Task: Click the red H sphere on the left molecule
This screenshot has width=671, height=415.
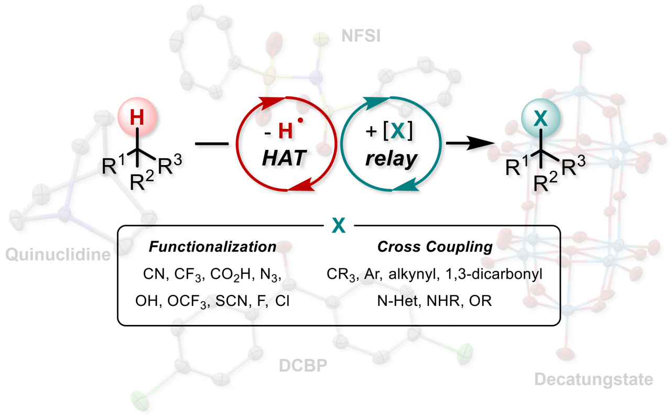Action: pyautogui.click(x=137, y=117)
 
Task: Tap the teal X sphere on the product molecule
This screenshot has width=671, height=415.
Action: pyautogui.click(x=540, y=118)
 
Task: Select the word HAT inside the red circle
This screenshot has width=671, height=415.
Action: pyautogui.click(x=284, y=158)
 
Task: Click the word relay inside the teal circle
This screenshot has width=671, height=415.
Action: pyautogui.click(x=391, y=159)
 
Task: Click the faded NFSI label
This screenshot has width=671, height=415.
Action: pyautogui.click(x=361, y=36)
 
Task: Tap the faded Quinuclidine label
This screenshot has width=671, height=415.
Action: pyautogui.click(x=58, y=255)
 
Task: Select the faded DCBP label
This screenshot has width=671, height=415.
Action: pyautogui.click(x=303, y=366)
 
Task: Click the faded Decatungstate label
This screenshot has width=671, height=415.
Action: pyautogui.click(x=594, y=380)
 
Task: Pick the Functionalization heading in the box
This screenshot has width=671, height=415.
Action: pyautogui.click(x=212, y=247)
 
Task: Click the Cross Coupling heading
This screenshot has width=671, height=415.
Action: pyautogui.click(x=435, y=247)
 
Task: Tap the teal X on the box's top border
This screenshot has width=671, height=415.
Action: pyautogui.click(x=339, y=225)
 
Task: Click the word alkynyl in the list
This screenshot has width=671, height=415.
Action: pyautogui.click(x=414, y=274)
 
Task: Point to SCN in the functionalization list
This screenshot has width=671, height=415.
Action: pyautogui.click(x=233, y=301)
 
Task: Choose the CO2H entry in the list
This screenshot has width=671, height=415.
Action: pyautogui.click(x=230, y=275)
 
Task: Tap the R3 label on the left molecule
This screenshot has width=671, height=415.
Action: pyautogui.click(x=169, y=164)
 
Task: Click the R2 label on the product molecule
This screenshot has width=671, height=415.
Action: pyautogui.click(x=546, y=182)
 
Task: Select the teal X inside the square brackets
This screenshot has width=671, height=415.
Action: pyautogui.click(x=398, y=131)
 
